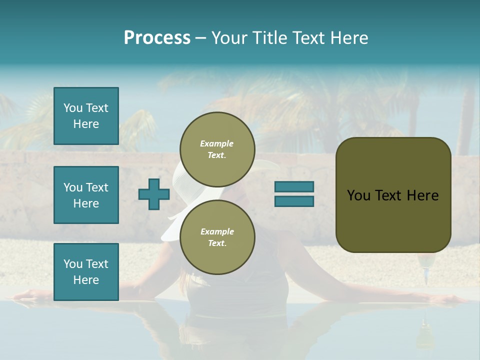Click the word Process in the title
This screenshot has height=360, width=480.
[157, 38]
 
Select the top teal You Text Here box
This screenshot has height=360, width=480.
[86, 116]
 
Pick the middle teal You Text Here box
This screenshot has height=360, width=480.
[86, 195]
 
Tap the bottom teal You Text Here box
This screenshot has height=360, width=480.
[86, 271]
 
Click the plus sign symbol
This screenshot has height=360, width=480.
[154, 194]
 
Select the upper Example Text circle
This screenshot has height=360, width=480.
[217, 149]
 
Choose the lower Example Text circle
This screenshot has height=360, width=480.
[217, 237]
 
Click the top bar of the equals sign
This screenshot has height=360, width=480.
[294, 187]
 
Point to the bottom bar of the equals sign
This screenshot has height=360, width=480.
[294, 201]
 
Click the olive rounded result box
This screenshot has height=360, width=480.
[393, 220]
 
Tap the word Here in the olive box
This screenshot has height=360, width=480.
[422, 195]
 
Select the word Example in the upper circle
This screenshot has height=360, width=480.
[217, 143]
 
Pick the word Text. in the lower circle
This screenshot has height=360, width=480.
[217, 243]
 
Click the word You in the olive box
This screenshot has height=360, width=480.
[358, 195]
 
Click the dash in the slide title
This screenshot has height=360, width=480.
[201, 38]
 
